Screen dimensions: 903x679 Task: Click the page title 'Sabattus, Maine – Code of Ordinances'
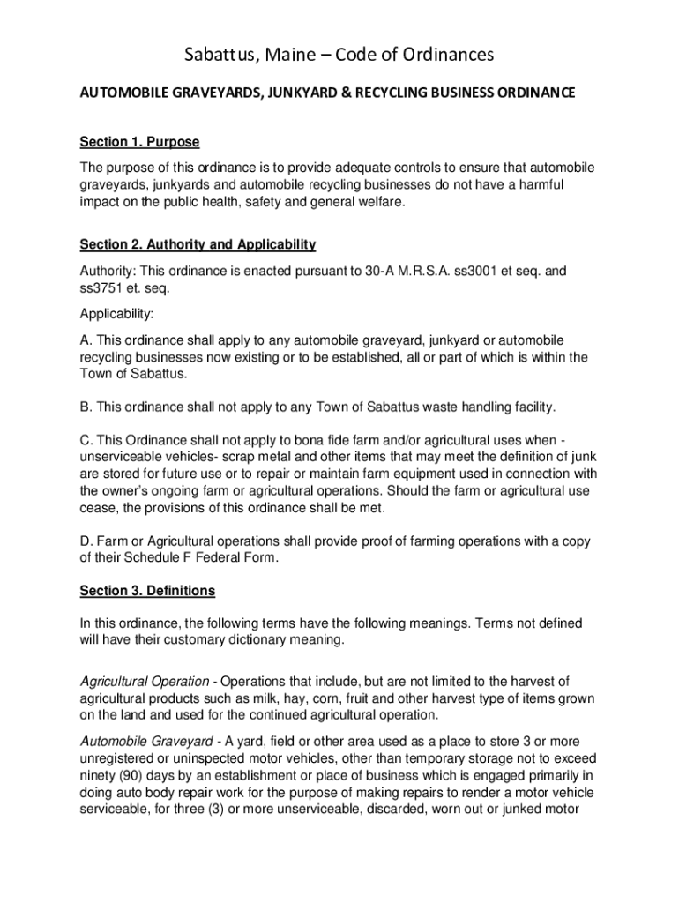tap(339, 56)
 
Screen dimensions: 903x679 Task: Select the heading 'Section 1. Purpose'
tap(140, 142)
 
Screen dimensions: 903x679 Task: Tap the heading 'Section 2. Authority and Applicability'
tap(198, 244)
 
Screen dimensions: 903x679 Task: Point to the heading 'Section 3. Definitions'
tap(147, 590)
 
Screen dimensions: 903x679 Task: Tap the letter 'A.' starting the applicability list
tap(86, 340)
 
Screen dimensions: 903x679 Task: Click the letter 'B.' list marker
tap(86, 407)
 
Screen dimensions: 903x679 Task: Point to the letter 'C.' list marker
tap(87, 439)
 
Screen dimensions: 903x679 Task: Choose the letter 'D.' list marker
tap(87, 541)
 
